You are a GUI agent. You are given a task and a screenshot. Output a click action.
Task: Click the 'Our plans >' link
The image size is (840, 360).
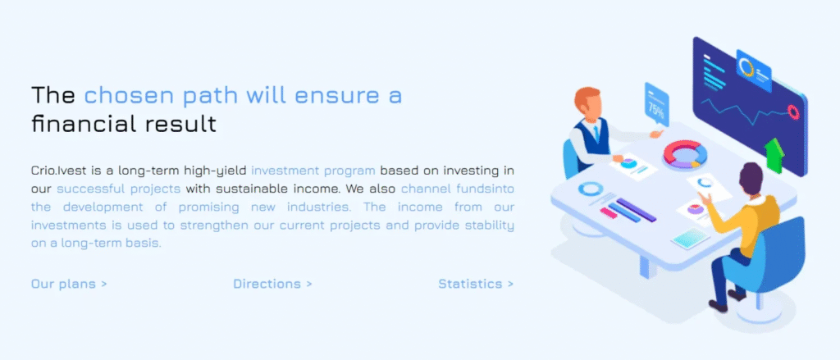click(x=69, y=284)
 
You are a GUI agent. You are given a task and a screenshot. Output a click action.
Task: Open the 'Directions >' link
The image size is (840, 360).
click(x=272, y=284)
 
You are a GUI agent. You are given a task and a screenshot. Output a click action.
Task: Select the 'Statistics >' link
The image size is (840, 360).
click(x=476, y=284)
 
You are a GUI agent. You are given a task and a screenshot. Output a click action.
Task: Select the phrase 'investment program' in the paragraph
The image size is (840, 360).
click(x=313, y=171)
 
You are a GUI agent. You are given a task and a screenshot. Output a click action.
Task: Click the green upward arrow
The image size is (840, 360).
click(x=773, y=154)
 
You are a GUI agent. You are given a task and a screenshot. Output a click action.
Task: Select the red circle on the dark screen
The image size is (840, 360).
click(x=793, y=111)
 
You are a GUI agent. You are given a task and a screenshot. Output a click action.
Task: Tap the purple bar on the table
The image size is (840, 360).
click(x=636, y=210)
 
